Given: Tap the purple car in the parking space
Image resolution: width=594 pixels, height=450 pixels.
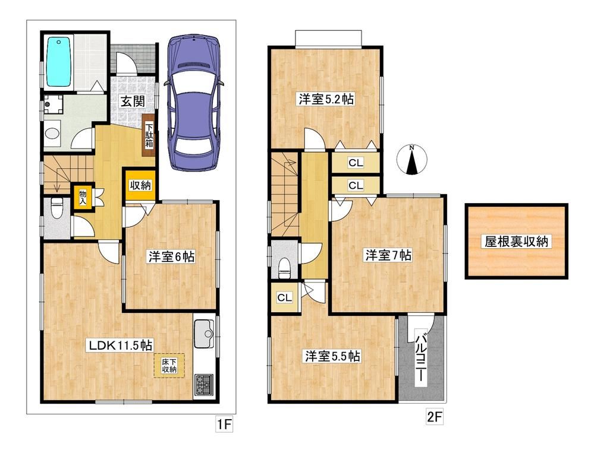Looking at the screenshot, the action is point(194,102).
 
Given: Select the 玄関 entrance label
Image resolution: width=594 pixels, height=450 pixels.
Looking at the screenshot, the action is point(133,101).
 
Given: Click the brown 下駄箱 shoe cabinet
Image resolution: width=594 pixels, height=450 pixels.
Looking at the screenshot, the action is point(149,135).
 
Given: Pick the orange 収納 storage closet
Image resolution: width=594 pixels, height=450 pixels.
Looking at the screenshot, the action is point(140,185).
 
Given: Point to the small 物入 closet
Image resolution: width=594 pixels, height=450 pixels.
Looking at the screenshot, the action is point(83,197).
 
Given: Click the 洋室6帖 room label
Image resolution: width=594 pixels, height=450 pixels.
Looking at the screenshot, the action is point(172,257).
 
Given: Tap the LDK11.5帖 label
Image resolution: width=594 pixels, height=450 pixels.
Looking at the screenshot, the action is point(121,345).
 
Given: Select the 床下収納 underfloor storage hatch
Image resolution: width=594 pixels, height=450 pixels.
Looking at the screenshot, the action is point(169,365).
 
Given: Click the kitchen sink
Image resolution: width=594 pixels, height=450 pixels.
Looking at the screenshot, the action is point(204,334).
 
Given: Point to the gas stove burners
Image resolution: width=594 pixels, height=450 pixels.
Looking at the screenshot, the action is point(204,385).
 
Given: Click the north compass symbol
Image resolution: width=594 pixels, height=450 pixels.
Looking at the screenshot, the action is point(412,160).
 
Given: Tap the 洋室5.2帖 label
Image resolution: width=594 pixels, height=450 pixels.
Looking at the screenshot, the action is point(326,100).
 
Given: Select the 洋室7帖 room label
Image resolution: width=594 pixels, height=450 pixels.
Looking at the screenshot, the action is point(388,255).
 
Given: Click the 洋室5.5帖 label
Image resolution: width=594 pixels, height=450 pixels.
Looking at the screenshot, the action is point(332,356).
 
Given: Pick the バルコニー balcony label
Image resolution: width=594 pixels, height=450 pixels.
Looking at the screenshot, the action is point(420,356).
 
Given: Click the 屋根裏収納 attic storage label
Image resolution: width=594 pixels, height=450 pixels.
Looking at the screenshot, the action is point(516,241).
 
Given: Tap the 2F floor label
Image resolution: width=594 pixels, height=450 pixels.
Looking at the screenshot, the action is point(435,417).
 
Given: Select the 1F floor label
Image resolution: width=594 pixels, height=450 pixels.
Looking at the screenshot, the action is point(224,424).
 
